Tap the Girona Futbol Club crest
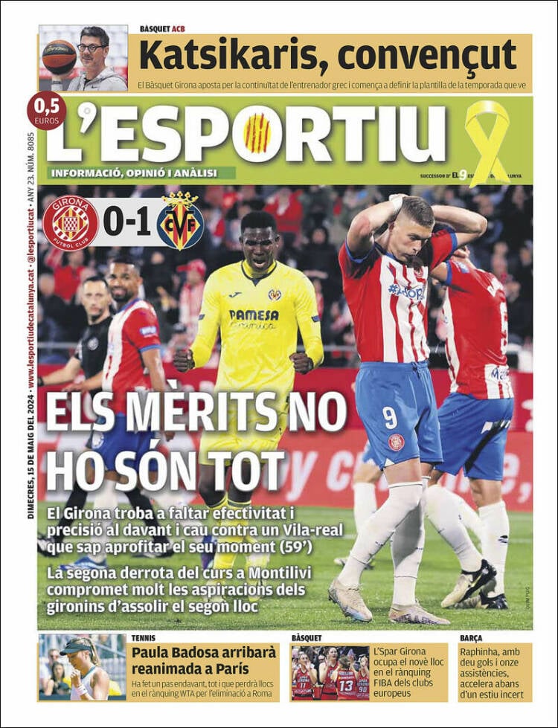coord(71,222)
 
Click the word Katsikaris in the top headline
coord(231,56)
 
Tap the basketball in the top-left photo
coord(59,57)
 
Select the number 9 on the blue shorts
coord(390,418)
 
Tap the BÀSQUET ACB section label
coord(162,29)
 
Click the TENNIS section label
coord(144,638)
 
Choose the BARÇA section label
coord(472,638)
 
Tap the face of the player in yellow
coord(260,236)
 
